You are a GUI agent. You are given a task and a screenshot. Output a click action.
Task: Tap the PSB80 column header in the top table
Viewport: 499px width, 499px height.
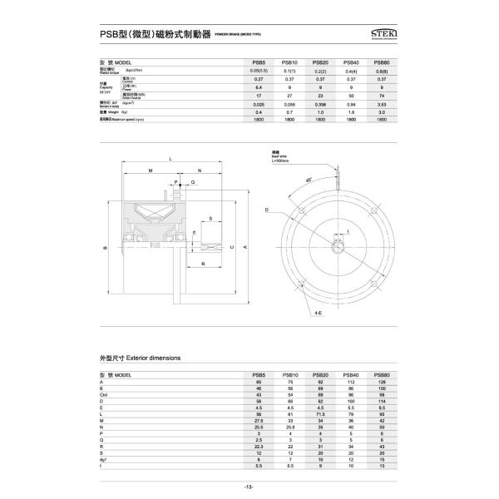click(381, 62)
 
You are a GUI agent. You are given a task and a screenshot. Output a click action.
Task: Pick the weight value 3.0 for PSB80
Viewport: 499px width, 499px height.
click(381, 111)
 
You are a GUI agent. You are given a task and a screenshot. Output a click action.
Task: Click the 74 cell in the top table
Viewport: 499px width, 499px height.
click(381, 95)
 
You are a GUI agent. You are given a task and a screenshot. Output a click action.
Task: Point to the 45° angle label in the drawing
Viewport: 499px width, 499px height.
click(309, 180)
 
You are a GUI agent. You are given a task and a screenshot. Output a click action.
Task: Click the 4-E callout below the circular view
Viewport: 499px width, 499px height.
click(319, 314)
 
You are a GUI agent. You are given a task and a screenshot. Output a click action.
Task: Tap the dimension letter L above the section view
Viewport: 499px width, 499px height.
click(170, 158)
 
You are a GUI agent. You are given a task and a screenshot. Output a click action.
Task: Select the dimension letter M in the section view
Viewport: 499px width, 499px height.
click(151, 170)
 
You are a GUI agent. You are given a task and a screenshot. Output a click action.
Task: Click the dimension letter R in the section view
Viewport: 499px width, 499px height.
click(204, 264)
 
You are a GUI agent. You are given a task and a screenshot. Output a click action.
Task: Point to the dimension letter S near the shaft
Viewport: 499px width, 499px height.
click(210, 219)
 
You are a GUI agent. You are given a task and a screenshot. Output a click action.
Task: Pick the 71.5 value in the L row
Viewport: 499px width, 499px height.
click(320, 413)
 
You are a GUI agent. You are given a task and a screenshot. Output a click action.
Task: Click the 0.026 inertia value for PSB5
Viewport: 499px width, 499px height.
click(259, 103)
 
